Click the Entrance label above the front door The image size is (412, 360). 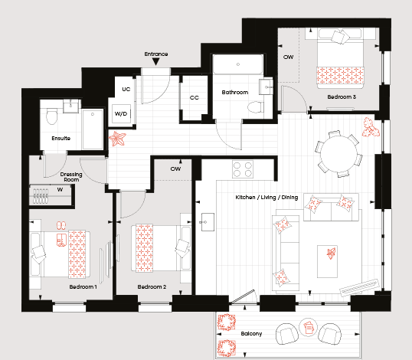156,54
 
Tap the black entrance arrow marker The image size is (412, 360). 156,62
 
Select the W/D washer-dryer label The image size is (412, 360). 121,114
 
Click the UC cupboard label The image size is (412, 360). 126,90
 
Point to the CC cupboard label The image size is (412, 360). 195,98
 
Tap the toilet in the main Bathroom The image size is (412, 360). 256,107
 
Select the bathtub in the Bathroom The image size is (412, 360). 238,64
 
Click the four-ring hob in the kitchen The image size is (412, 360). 243,169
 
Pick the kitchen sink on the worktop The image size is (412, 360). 208,222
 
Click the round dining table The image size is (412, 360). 338,154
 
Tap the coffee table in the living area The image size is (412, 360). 327,261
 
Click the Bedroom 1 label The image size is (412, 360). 83,287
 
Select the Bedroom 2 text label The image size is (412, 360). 152,287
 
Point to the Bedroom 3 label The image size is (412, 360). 342,97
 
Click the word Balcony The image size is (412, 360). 251,334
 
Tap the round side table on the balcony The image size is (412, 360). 309,327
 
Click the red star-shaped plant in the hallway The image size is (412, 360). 117,138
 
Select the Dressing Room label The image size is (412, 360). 71,177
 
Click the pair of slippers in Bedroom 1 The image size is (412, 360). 61,225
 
